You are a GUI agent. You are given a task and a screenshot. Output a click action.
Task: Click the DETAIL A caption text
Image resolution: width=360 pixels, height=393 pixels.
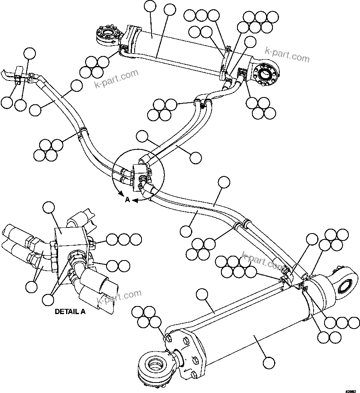click(70, 311)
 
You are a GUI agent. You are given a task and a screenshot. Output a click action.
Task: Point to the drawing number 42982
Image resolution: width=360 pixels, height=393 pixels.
click(352, 389)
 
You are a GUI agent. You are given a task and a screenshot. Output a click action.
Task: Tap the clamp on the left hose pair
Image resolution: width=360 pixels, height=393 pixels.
click(82, 133)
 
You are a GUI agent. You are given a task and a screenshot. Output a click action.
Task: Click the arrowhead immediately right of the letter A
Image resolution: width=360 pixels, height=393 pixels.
click(135, 200)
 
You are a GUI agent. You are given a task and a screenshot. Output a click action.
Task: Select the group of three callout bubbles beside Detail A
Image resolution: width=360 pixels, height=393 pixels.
click(124, 240)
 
